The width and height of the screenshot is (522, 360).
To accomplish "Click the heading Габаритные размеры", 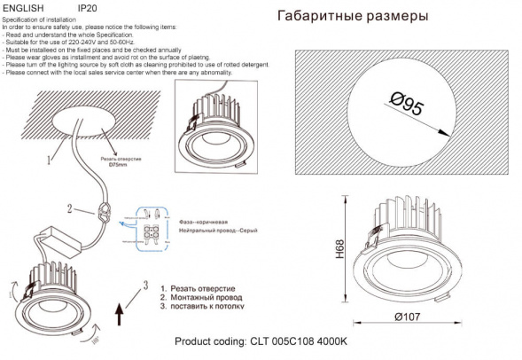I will (354, 16).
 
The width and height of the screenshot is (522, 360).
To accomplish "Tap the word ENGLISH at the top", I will (23, 7).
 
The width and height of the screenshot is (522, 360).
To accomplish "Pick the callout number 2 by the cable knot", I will (68, 209).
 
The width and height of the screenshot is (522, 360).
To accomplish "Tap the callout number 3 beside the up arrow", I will (142, 284).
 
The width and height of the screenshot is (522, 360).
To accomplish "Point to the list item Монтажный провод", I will (204, 299).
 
